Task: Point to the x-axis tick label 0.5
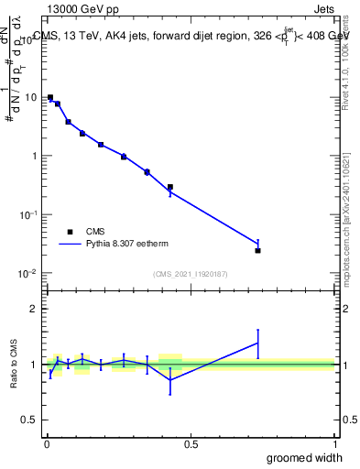[191, 443]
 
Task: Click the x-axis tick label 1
[334, 443]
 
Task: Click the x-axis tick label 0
[47, 443]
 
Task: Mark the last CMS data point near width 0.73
[258, 250]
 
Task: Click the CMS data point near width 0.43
[170, 187]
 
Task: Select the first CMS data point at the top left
[50, 97]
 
